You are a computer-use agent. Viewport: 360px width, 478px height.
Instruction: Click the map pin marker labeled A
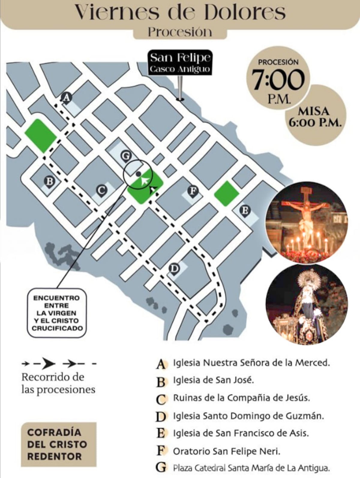[x=66, y=98]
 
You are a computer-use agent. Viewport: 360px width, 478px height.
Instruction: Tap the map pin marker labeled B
[x=49, y=182]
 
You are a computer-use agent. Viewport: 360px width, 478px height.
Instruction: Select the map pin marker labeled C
[x=101, y=190]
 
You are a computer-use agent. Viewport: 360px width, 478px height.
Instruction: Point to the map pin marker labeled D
[x=174, y=268]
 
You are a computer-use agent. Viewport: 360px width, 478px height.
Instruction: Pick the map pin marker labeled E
[x=245, y=210]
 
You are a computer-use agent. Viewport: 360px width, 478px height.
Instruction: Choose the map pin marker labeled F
[x=193, y=191]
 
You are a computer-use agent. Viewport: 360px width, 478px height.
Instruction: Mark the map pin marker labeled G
[x=126, y=156]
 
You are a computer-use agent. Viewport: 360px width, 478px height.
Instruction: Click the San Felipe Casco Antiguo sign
[x=180, y=62]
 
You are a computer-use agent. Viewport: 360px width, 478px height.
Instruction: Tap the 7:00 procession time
[x=278, y=80]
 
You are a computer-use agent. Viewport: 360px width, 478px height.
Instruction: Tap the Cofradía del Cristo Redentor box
[x=58, y=444]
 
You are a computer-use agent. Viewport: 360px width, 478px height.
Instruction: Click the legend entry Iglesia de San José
[x=213, y=380]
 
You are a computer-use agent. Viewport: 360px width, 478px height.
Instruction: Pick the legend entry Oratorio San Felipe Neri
[x=226, y=451]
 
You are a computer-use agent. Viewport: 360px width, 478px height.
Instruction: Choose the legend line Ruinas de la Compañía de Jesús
[x=241, y=398]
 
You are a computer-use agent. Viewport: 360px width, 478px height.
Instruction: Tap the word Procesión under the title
[x=180, y=32]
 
